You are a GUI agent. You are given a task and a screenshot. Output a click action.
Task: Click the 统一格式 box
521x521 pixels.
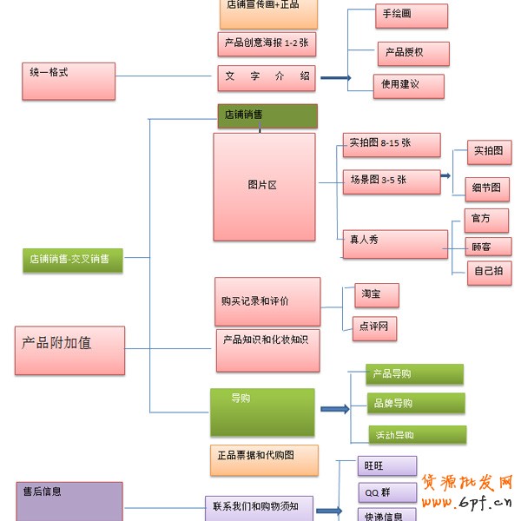[x=69, y=80]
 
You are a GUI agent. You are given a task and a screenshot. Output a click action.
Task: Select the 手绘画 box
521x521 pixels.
[x=412, y=16]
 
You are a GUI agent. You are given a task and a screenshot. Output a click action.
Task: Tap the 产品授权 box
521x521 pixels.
[x=412, y=53]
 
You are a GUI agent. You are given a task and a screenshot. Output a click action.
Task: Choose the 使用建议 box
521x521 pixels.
[x=408, y=85]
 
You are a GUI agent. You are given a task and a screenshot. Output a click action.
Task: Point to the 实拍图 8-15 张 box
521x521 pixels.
[x=391, y=144]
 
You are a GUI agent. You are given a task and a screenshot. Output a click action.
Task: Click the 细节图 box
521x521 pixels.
[x=487, y=188]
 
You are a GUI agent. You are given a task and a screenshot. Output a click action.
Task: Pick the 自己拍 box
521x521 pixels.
[x=488, y=272]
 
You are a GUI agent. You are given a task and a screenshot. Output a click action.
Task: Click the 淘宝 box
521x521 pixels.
[x=377, y=295]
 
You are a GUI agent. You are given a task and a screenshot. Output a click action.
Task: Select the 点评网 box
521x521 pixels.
[x=376, y=327]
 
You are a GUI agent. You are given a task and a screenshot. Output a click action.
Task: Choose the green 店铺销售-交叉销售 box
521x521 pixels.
[x=73, y=260]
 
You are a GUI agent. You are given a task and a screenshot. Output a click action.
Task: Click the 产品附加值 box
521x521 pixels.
[x=69, y=350]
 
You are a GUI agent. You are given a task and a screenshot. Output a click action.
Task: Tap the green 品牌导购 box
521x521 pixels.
[x=414, y=404]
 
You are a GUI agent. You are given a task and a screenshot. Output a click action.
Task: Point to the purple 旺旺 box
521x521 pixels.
[x=386, y=465]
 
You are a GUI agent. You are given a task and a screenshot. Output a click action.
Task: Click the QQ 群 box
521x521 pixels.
[x=386, y=493]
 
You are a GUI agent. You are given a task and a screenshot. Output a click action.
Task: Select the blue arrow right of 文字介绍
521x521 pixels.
[x=335, y=78]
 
